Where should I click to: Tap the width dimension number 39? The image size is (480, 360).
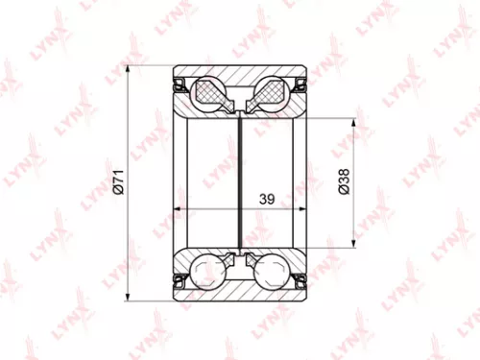click(x=267, y=199)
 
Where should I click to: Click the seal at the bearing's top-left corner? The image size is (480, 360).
click(x=179, y=84)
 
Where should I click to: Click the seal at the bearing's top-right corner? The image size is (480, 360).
click(x=300, y=84)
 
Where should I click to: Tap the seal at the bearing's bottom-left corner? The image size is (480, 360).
click(x=179, y=279)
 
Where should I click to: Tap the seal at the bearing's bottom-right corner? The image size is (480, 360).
click(x=300, y=279)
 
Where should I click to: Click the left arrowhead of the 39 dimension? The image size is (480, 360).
click(x=179, y=208)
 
